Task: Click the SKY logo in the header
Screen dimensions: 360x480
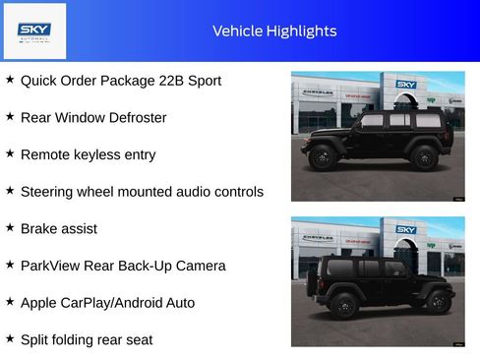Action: click(34, 30)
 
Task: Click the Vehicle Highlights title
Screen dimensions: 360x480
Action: click(274, 30)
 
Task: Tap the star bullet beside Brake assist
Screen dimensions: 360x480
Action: click(10, 227)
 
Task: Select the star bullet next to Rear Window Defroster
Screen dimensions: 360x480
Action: click(10, 116)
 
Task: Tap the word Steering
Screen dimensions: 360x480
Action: click(47, 191)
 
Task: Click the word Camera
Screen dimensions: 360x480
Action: click(199, 266)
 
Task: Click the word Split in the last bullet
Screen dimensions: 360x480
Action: click(36, 339)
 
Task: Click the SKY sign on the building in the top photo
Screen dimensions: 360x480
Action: click(406, 85)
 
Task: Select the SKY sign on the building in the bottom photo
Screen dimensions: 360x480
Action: click(406, 230)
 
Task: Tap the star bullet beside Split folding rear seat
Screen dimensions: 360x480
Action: click(10, 339)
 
